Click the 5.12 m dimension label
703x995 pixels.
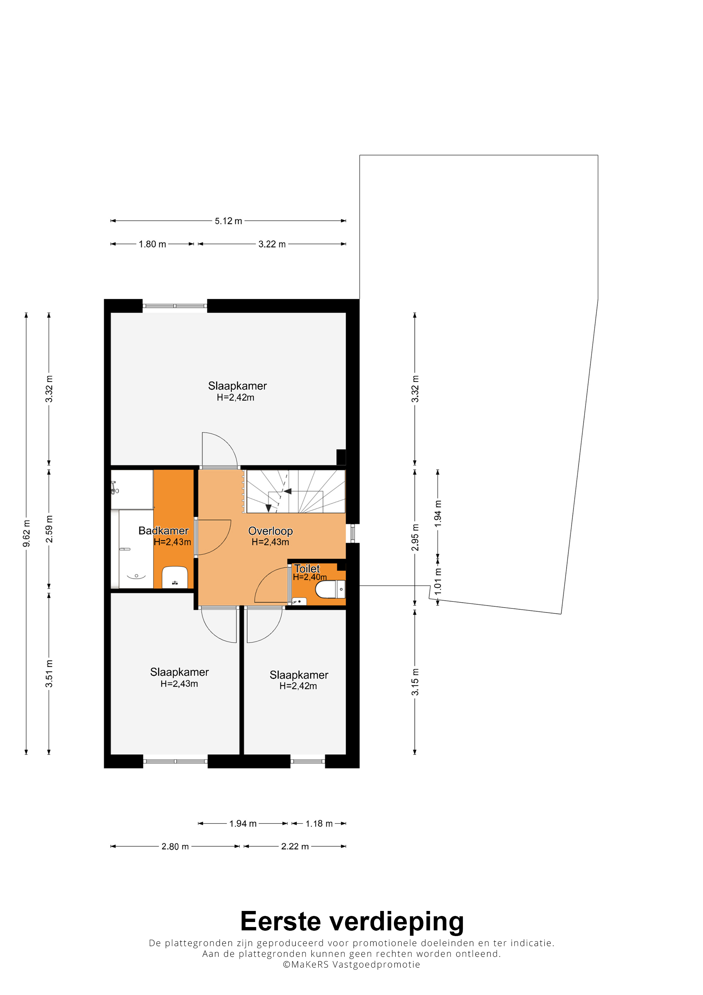pyautogui.click(x=228, y=221)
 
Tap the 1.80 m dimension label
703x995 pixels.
pyautogui.click(x=152, y=244)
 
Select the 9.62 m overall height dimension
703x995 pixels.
pyautogui.click(x=26, y=534)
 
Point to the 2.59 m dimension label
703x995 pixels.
pyautogui.click(x=49, y=529)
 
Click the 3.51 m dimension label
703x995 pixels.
pyautogui.click(x=49, y=674)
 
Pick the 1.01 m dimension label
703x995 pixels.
pyautogui.click(x=438, y=581)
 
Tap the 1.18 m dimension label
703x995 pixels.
pyautogui.click(x=319, y=824)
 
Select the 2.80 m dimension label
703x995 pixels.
pyautogui.click(x=175, y=846)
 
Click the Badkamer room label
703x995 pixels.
pyautogui.click(x=163, y=530)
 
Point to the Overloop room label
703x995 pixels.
pyautogui.click(x=270, y=531)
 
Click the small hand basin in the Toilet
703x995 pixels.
pyautogui.click(x=299, y=601)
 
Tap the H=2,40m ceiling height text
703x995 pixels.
pyautogui.click(x=310, y=577)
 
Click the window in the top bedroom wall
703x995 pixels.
pyautogui.click(x=175, y=306)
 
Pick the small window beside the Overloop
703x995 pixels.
pyautogui.click(x=353, y=534)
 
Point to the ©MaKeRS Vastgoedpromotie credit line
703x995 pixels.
pyautogui.click(x=351, y=965)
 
